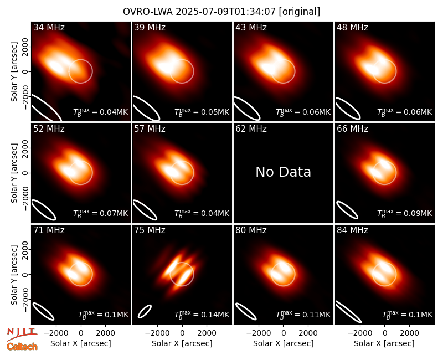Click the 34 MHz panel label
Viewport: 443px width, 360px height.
coord(49,27)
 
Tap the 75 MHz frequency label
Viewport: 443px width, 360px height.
coord(150,230)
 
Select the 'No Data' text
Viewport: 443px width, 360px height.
coord(283,172)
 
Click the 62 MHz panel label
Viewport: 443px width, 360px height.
coord(251,129)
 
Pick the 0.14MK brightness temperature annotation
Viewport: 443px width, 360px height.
coord(202,314)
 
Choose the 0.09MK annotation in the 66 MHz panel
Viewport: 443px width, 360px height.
coord(405,213)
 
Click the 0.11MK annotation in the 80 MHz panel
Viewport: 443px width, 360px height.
coord(303,314)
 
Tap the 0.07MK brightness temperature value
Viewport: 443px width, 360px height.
coord(101,213)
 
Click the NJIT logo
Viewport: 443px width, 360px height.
coord(22,334)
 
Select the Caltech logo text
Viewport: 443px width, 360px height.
coord(22,347)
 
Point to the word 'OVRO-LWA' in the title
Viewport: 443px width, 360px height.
coord(148,12)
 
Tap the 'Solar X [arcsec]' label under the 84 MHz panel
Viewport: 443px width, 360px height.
coord(384,343)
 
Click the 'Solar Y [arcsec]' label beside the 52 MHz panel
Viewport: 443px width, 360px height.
coord(14,173)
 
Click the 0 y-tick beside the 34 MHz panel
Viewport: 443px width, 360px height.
coord(25,71)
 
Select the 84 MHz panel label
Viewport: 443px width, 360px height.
coord(352,230)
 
